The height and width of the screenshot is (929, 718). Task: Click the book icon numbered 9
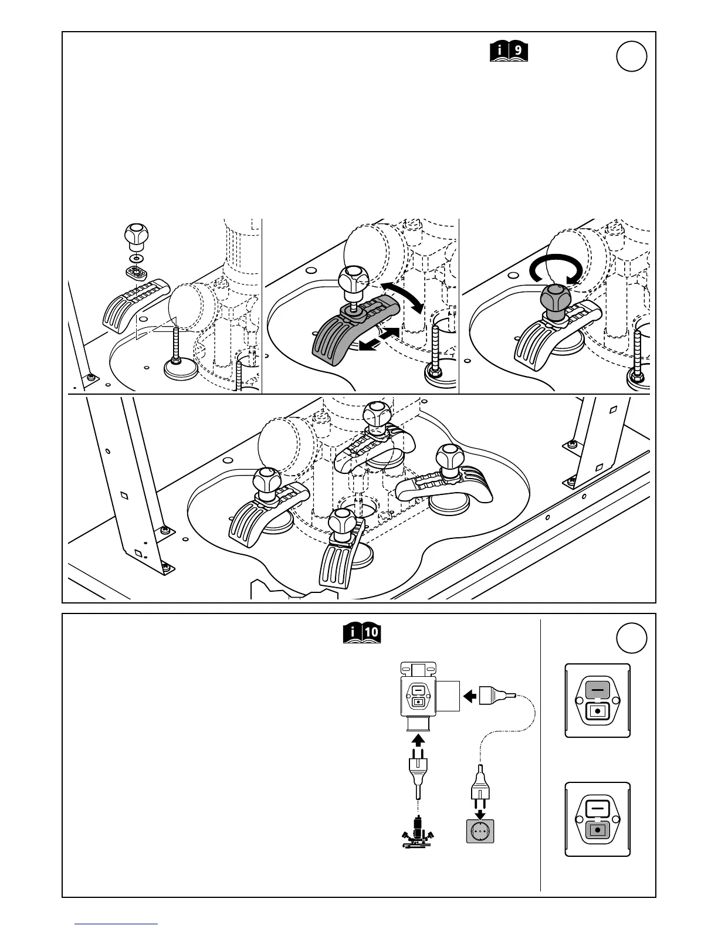coord(509,52)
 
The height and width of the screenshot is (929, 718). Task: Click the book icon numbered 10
coord(362,633)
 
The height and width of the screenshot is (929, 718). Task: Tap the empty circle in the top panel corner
coord(632,57)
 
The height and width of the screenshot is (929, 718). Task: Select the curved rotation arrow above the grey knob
coord(556,269)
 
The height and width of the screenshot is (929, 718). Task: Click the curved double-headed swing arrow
coord(401,297)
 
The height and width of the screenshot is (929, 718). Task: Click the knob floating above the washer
coord(136,235)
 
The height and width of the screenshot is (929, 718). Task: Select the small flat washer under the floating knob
coord(137,258)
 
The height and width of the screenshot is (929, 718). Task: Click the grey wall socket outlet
coord(480,830)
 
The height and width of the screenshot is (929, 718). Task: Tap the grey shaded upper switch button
coord(597,690)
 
